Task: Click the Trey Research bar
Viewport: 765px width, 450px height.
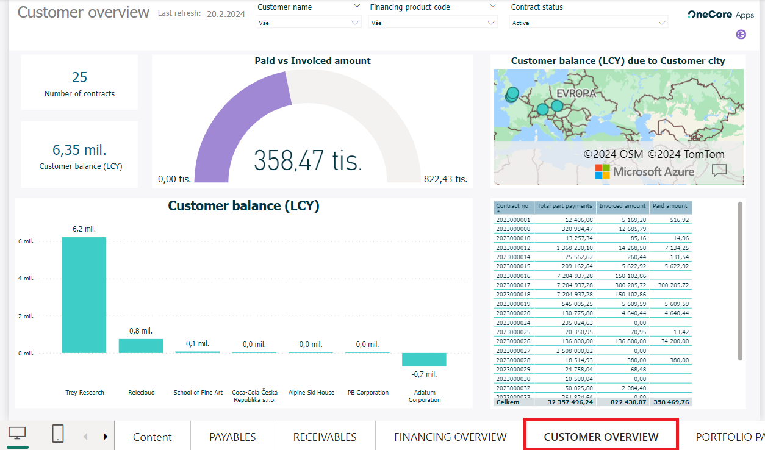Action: point(84,295)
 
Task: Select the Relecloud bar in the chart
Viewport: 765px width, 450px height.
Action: point(141,346)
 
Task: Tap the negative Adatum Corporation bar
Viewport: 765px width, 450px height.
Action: point(424,360)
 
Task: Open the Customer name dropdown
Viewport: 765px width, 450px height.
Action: point(308,23)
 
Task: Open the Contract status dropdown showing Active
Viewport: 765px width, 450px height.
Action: point(588,23)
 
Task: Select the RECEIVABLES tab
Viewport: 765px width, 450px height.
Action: point(325,437)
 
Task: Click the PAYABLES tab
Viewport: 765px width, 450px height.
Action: point(232,437)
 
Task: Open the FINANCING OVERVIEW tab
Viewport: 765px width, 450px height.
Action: point(450,437)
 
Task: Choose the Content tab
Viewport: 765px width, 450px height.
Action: point(153,437)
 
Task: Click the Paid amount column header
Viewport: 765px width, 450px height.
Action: point(670,206)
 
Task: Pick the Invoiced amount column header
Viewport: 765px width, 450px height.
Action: point(622,206)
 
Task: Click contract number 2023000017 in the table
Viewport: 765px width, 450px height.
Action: point(514,285)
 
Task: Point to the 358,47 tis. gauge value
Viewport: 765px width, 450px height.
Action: point(308,160)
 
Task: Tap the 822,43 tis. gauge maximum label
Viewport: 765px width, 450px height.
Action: point(445,179)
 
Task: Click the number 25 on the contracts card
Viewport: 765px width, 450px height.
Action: point(79,77)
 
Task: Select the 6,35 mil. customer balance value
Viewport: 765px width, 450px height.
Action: point(80,150)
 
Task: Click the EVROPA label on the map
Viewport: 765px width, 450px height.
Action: point(576,93)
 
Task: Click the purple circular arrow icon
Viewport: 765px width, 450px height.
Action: point(741,35)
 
